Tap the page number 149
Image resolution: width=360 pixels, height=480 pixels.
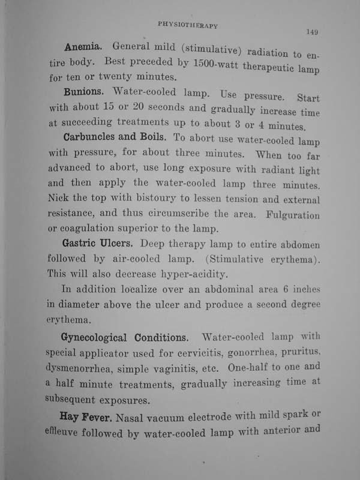coord(314,32)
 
